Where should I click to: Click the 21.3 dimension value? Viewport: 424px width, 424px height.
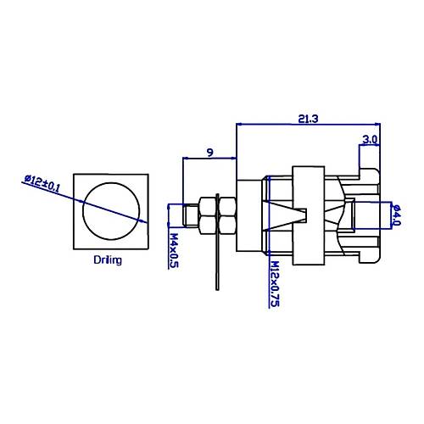(308, 119)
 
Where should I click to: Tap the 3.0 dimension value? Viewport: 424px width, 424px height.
(370, 140)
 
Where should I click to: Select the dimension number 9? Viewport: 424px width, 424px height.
(209, 153)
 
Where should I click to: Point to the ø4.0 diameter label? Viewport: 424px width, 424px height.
(397, 215)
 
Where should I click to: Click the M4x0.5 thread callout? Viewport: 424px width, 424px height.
(174, 250)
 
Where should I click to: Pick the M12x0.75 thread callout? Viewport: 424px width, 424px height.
(275, 284)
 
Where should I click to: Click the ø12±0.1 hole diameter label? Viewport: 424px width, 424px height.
(42, 184)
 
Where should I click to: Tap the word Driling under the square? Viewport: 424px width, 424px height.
(108, 260)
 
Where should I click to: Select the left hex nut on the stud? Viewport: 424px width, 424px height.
(208, 215)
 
